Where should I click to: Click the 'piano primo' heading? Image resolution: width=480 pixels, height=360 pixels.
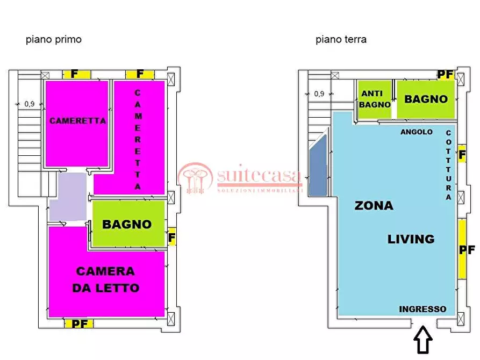[54, 40]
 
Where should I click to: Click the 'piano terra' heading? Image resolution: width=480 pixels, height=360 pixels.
[341, 40]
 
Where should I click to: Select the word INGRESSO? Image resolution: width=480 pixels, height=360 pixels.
[422, 309]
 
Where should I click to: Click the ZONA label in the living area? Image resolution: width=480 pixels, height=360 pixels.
[374, 206]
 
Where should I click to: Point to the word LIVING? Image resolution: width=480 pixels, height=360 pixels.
[411, 239]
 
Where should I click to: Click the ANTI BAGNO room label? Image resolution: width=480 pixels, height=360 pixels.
[375, 99]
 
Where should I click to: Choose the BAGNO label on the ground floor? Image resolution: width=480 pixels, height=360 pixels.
[426, 99]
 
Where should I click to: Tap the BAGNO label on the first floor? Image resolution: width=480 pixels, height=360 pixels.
[127, 224]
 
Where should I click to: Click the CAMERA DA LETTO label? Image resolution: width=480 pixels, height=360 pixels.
[105, 279]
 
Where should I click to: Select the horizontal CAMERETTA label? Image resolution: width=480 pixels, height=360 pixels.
[78, 121]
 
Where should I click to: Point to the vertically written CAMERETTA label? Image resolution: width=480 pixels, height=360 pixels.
[138, 139]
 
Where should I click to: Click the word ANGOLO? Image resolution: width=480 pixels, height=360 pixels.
[417, 132]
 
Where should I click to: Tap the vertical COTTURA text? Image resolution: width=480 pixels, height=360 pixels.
[448, 165]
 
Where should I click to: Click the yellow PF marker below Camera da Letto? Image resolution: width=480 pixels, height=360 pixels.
[79, 323]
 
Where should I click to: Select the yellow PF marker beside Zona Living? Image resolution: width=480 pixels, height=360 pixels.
[465, 250]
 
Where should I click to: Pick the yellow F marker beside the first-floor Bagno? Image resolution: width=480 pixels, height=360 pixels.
[172, 236]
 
